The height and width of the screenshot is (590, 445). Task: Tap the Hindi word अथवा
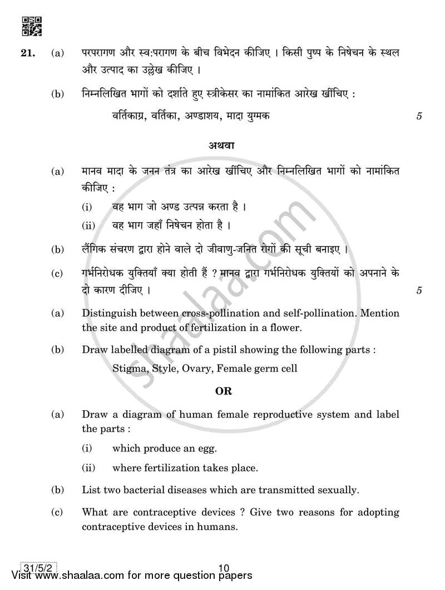point(222,146)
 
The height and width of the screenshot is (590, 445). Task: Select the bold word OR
point(223,391)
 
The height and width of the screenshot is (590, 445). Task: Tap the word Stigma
point(127,368)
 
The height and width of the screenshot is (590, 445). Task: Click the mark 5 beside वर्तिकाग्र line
point(418,116)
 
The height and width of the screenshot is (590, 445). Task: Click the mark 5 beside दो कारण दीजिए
point(418,290)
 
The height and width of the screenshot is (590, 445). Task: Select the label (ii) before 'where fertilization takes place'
point(88,468)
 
